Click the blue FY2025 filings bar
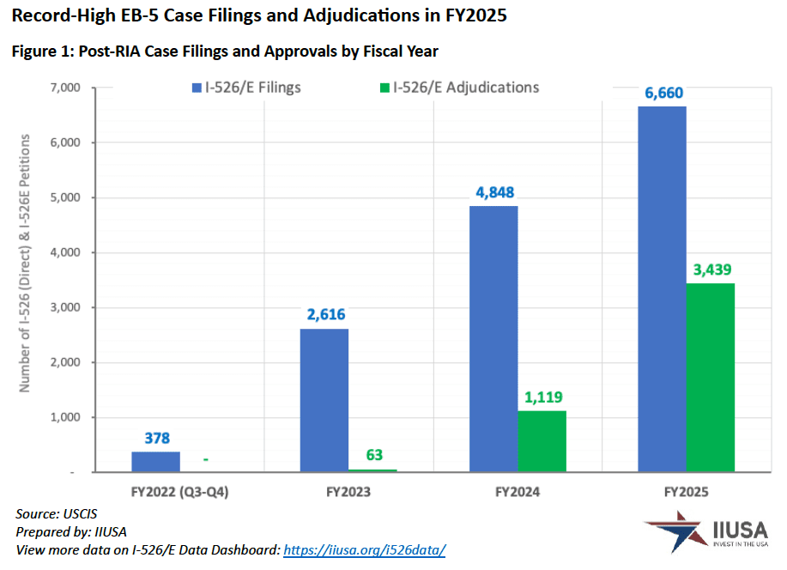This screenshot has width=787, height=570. (x=661, y=288)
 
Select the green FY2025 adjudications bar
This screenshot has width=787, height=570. (x=710, y=377)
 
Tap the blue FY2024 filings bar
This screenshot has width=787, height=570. (x=493, y=338)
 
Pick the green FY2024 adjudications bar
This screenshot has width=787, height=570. (x=542, y=441)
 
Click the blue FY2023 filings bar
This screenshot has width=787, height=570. (x=324, y=400)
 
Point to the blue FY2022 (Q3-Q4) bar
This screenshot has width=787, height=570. (x=156, y=462)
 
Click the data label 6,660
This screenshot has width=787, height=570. (x=661, y=93)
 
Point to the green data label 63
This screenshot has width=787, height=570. (x=373, y=455)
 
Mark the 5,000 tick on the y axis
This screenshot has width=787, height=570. (x=65, y=197)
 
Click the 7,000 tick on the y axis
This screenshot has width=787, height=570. (x=65, y=88)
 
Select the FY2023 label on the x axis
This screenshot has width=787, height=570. (x=348, y=492)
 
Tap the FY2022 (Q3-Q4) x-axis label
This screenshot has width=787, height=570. (x=180, y=492)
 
